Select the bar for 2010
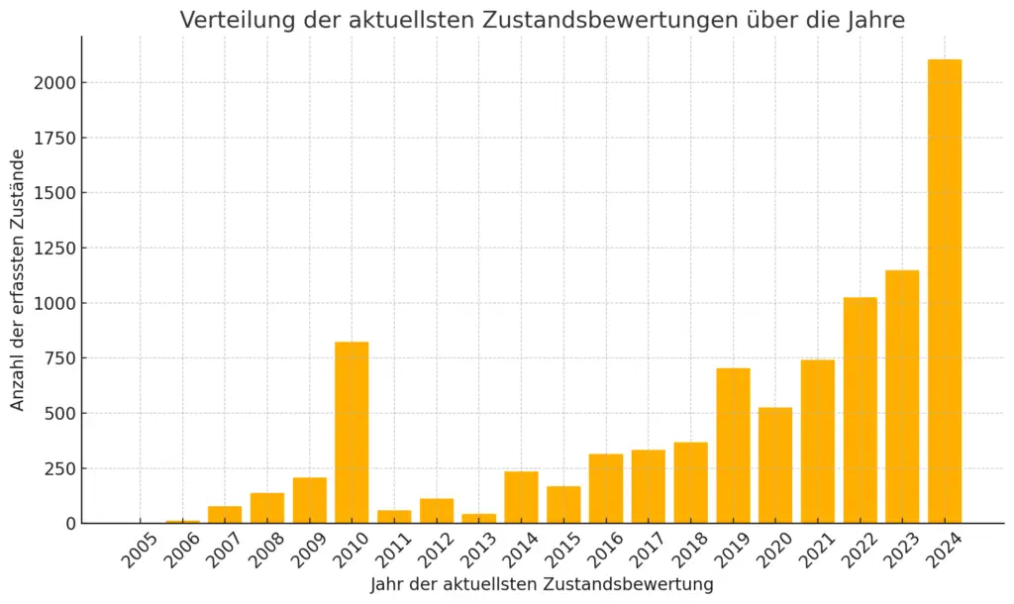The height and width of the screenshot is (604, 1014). [x=352, y=432]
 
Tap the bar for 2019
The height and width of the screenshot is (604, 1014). [x=734, y=446]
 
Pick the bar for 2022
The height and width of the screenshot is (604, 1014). [x=861, y=410]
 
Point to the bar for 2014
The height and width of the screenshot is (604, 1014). [x=521, y=497]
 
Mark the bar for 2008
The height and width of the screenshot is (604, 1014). [x=267, y=508]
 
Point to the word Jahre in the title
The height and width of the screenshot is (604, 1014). [x=875, y=20]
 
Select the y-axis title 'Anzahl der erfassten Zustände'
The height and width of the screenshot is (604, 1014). [x=18, y=279]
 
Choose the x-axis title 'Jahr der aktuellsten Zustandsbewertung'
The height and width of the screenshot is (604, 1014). [x=542, y=585]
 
